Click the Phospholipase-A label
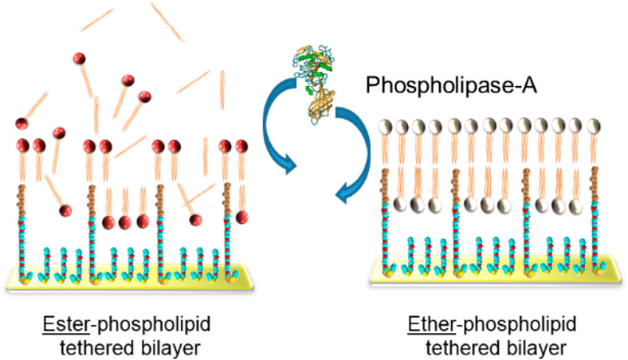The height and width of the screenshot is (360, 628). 451,85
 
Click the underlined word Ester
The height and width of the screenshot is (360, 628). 66,323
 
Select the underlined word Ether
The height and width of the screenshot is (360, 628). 431,323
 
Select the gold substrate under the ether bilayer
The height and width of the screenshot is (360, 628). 497,270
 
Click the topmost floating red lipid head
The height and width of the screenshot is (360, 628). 80,58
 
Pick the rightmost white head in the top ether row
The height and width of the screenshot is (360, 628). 594,126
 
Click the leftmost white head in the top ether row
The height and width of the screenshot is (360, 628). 386,126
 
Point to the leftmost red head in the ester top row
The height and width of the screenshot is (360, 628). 23,145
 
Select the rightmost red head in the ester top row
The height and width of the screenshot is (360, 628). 241,147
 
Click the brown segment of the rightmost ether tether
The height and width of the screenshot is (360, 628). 595,185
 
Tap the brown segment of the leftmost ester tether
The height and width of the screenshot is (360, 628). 22,200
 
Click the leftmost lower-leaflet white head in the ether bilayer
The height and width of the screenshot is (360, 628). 401,204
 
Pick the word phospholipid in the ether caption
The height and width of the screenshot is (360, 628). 520,325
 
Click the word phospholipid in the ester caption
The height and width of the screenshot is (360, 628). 154,325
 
